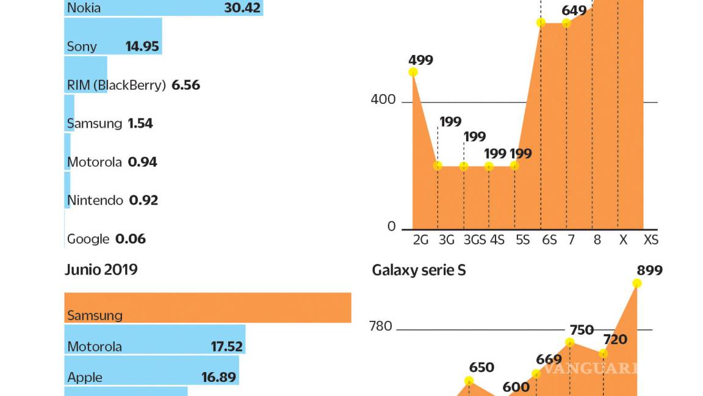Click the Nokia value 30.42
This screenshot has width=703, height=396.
242,8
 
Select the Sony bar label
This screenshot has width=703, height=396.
82,46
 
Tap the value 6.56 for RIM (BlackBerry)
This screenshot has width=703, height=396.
186,85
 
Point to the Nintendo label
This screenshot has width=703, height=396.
95,200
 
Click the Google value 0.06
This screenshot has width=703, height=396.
131,239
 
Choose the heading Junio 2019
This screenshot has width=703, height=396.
101,269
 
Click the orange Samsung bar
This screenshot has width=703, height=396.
207,307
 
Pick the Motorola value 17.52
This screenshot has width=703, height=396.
227,346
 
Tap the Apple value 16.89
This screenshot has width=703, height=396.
218,378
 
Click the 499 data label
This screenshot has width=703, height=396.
420,60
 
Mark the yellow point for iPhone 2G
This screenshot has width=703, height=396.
413,72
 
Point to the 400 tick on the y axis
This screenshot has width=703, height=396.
383,100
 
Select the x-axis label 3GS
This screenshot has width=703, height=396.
474,240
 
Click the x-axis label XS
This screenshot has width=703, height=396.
651,240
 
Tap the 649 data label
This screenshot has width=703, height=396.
574,10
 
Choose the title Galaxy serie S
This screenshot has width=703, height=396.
419,269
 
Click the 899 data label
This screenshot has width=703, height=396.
649,270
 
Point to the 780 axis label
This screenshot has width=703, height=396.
381,326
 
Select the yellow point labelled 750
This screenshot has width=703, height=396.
570,342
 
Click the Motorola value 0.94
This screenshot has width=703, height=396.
142,162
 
